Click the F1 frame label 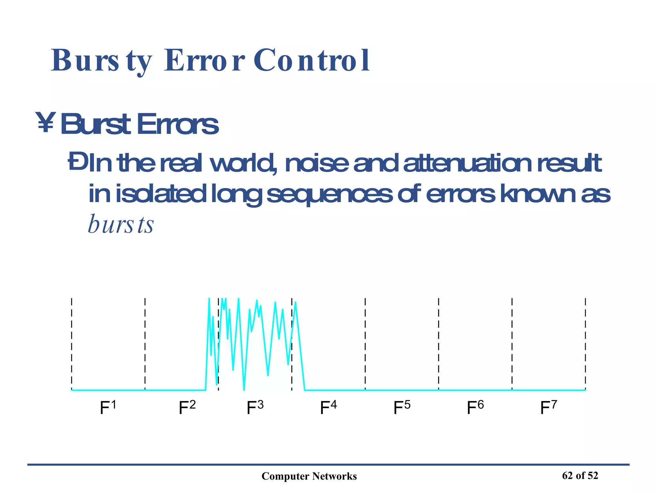pyautogui.click(x=108, y=407)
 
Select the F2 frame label pyautogui.click(x=187, y=407)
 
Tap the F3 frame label pyautogui.click(x=255, y=407)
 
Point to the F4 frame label pyautogui.click(x=328, y=407)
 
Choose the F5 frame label pyautogui.click(x=402, y=407)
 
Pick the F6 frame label pyautogui.click(x=475, y=407)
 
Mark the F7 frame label pyautogui.click(x=549, y=407)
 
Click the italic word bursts pyautogui.click(x=121, y=224)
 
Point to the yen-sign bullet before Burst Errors pyautogui.click(x=46, y=122)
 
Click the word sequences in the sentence pyautogui.click(x=329, y=194)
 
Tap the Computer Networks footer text pyautogui.click(x=309, y=476)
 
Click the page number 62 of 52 pyautogui.click(x=580, y=476)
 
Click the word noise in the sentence pyautogui.click(x=316, y=163)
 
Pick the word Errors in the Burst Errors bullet pyautogui.click(x=178, y=124)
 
